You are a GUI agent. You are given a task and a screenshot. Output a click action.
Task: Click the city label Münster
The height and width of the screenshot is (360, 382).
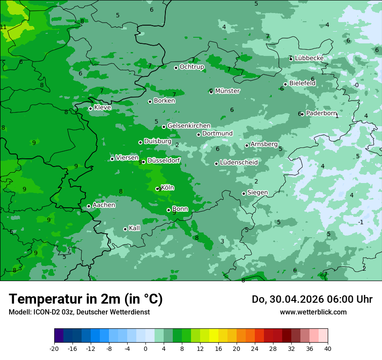coord(227,91)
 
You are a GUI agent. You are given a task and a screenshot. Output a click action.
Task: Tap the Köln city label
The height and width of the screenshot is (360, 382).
coord(168,188)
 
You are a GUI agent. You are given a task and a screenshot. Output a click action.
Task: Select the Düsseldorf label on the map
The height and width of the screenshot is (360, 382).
coord(164,160)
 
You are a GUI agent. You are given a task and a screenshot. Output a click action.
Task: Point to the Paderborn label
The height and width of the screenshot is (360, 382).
coord(321,113)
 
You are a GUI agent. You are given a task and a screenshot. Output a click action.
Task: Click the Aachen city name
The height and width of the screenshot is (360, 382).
coord(104,205)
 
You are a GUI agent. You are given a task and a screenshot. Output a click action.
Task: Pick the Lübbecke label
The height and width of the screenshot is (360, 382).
coord(309,58)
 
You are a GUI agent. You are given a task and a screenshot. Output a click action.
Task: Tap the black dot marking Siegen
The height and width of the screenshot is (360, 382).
coord(244,193)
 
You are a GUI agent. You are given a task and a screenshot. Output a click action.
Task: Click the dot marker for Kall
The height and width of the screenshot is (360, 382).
coord(125,229)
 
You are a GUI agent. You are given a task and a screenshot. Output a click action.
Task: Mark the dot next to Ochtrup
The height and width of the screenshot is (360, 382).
coord(176,68)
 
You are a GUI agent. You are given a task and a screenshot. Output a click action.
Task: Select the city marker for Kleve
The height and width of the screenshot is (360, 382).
coord(90,108)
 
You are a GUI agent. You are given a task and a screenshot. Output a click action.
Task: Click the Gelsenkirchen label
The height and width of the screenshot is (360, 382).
coord(189,126)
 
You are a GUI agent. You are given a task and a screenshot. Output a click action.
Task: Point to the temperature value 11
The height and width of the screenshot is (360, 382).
coord(3,27)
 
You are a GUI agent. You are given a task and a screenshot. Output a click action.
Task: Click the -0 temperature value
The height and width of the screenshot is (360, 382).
coord(356,85)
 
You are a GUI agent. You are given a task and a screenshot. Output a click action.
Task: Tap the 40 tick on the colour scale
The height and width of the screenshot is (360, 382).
coord(328,348)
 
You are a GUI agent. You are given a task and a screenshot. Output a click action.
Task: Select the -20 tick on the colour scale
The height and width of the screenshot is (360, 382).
coord(54,348)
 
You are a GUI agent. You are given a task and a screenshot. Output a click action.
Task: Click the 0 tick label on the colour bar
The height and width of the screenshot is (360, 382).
coord(145,348)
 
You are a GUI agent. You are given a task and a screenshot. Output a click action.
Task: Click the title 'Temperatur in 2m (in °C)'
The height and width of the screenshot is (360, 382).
coord(86,299)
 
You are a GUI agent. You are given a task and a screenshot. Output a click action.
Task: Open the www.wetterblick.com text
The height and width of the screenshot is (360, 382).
coord(313,312)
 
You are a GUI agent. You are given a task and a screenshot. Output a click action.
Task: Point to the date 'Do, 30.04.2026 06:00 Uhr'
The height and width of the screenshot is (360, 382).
coord(312,299)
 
